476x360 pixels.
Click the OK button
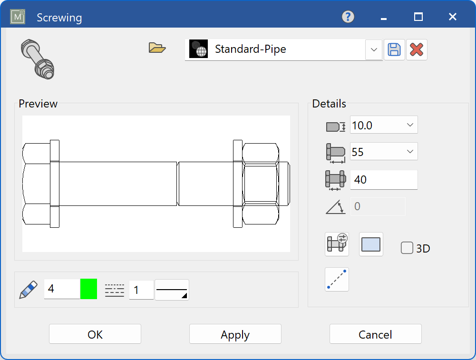click(95, 334)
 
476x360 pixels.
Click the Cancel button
click(375, 334)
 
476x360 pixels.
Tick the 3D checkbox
click(407, 248)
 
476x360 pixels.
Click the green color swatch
click(88, 289)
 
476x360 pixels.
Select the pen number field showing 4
click(62, 289)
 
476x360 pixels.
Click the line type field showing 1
click(141, 290)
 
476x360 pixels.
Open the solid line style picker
click(172, 290)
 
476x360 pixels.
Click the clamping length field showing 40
click(383, 180)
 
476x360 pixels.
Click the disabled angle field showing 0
click(378, 206)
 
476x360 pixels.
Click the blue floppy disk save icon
click(394, 49)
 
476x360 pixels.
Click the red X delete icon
click(417, 49)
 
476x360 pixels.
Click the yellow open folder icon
click(157, 48)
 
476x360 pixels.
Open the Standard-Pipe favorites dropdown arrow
click(374, 49)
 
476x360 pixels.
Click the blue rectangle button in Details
click(371, 244)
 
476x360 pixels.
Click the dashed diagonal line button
click(337, 279)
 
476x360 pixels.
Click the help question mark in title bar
click(348, 17)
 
